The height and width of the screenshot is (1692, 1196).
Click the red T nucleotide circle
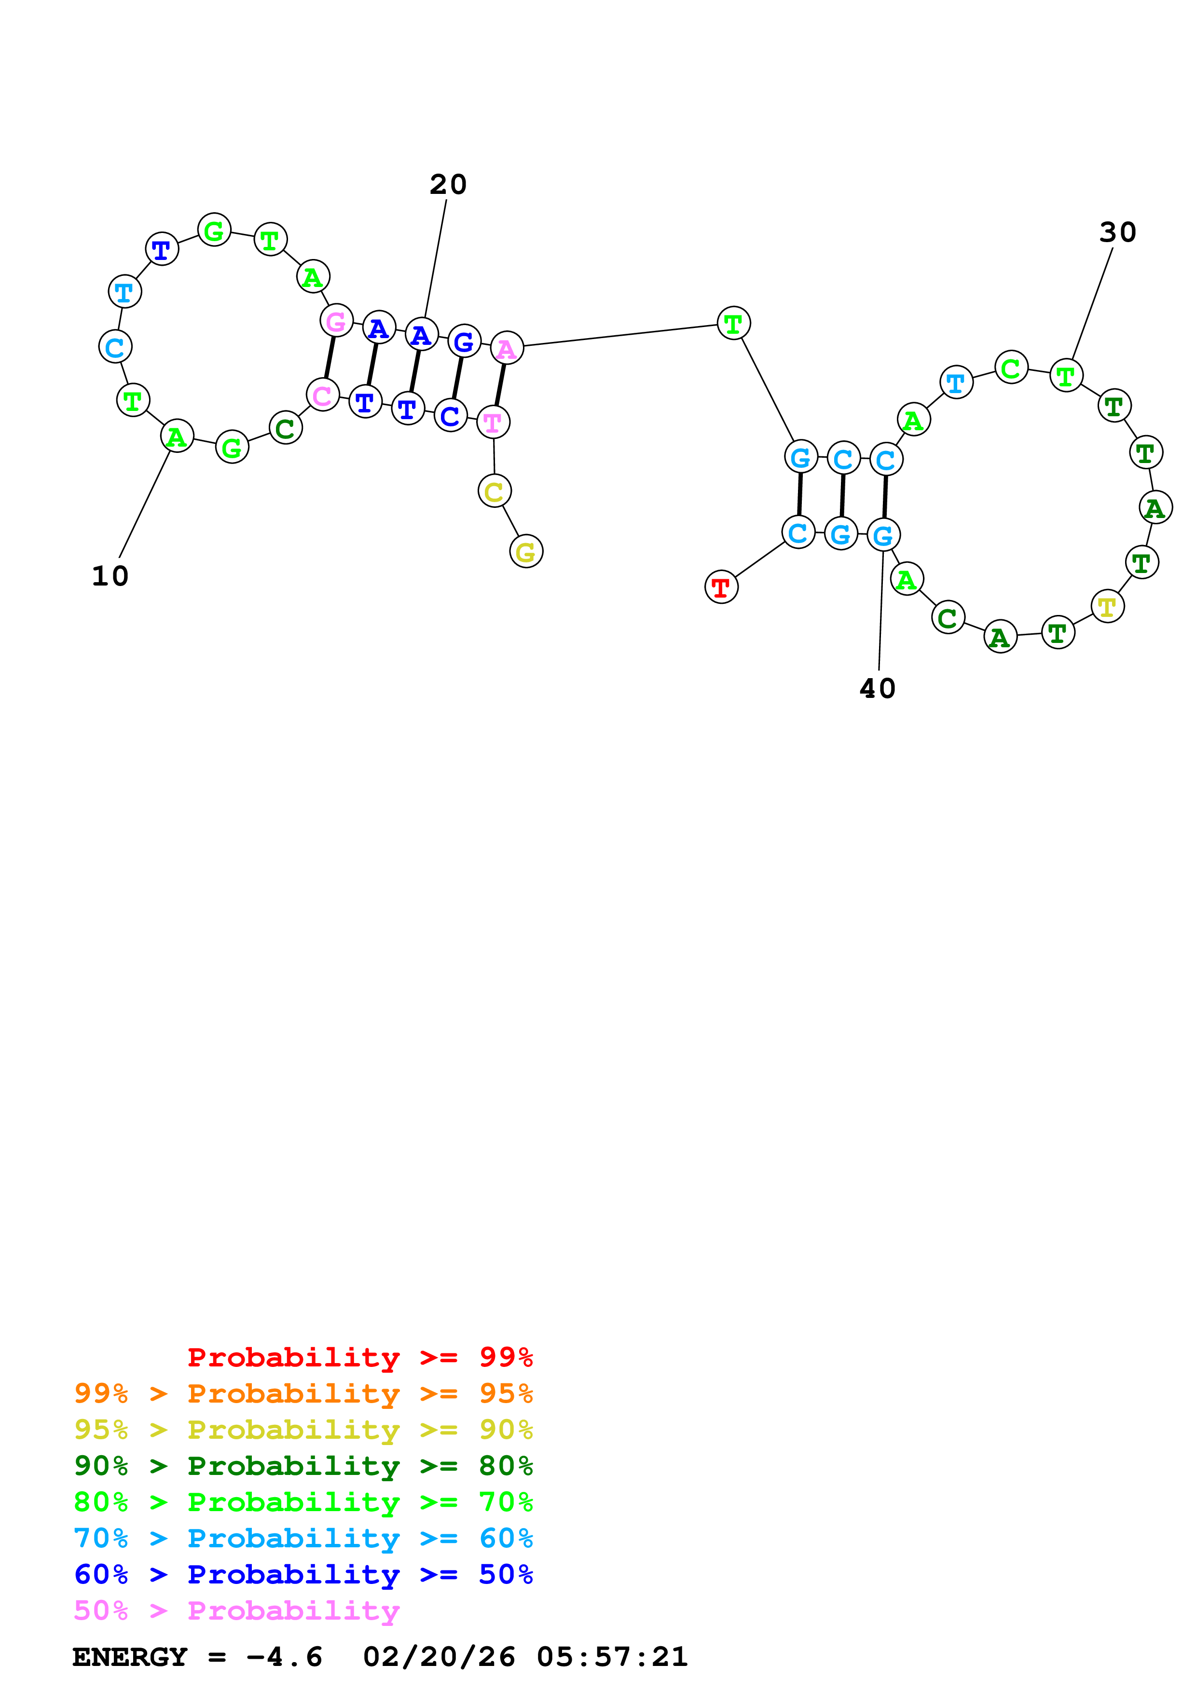[x=721, y=587]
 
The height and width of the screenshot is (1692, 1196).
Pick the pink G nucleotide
[x=336, y=321]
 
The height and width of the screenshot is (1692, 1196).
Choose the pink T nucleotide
[x=493, y=422]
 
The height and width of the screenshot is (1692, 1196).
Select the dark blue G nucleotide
[x=464, y=341]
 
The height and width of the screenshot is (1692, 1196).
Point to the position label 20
[x=448, y=184]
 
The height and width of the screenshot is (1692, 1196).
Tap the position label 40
[x=877, y=688]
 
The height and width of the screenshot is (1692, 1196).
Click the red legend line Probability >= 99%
[x=359, y=1357]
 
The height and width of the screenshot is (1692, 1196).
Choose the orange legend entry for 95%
[x=303, y=1393]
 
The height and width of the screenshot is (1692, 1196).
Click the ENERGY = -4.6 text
[x=197, y=1657]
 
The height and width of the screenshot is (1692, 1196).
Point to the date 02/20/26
[x=439, y=1657]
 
